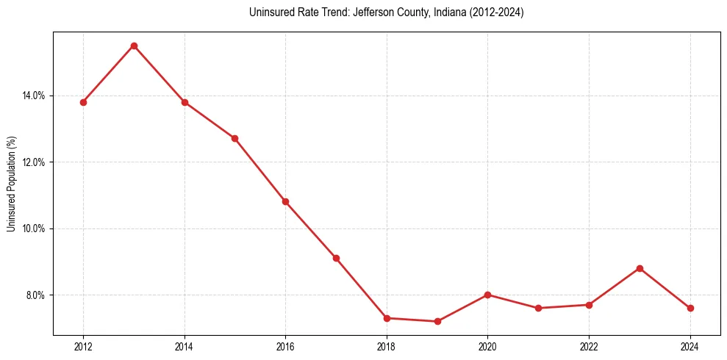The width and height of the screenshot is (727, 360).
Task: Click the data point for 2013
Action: [x=134, y=46]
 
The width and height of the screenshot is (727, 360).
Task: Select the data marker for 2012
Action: [x=83, y=102]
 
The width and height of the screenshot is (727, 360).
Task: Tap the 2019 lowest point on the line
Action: [x=437, y=321]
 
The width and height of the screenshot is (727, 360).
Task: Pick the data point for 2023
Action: [x=640, y=268]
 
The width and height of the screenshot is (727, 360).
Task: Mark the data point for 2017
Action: [x=336, y=258]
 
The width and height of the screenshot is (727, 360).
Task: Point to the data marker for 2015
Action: [x=234, y=138]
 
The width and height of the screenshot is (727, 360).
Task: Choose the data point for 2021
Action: [x=538, y=308]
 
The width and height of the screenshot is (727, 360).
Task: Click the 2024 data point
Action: [x=690, y=308]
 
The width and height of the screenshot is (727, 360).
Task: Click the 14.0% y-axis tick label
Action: [x=34, y=96]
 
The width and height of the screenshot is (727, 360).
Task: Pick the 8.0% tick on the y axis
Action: [x=36, y=295]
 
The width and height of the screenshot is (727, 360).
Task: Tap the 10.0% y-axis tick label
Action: [x=34, y=228]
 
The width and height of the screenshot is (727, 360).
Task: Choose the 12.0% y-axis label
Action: [x=34, y=162]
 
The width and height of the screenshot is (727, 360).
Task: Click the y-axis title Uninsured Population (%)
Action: [x=12, y=184]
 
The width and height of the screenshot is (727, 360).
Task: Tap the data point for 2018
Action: [x=387, y=318]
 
